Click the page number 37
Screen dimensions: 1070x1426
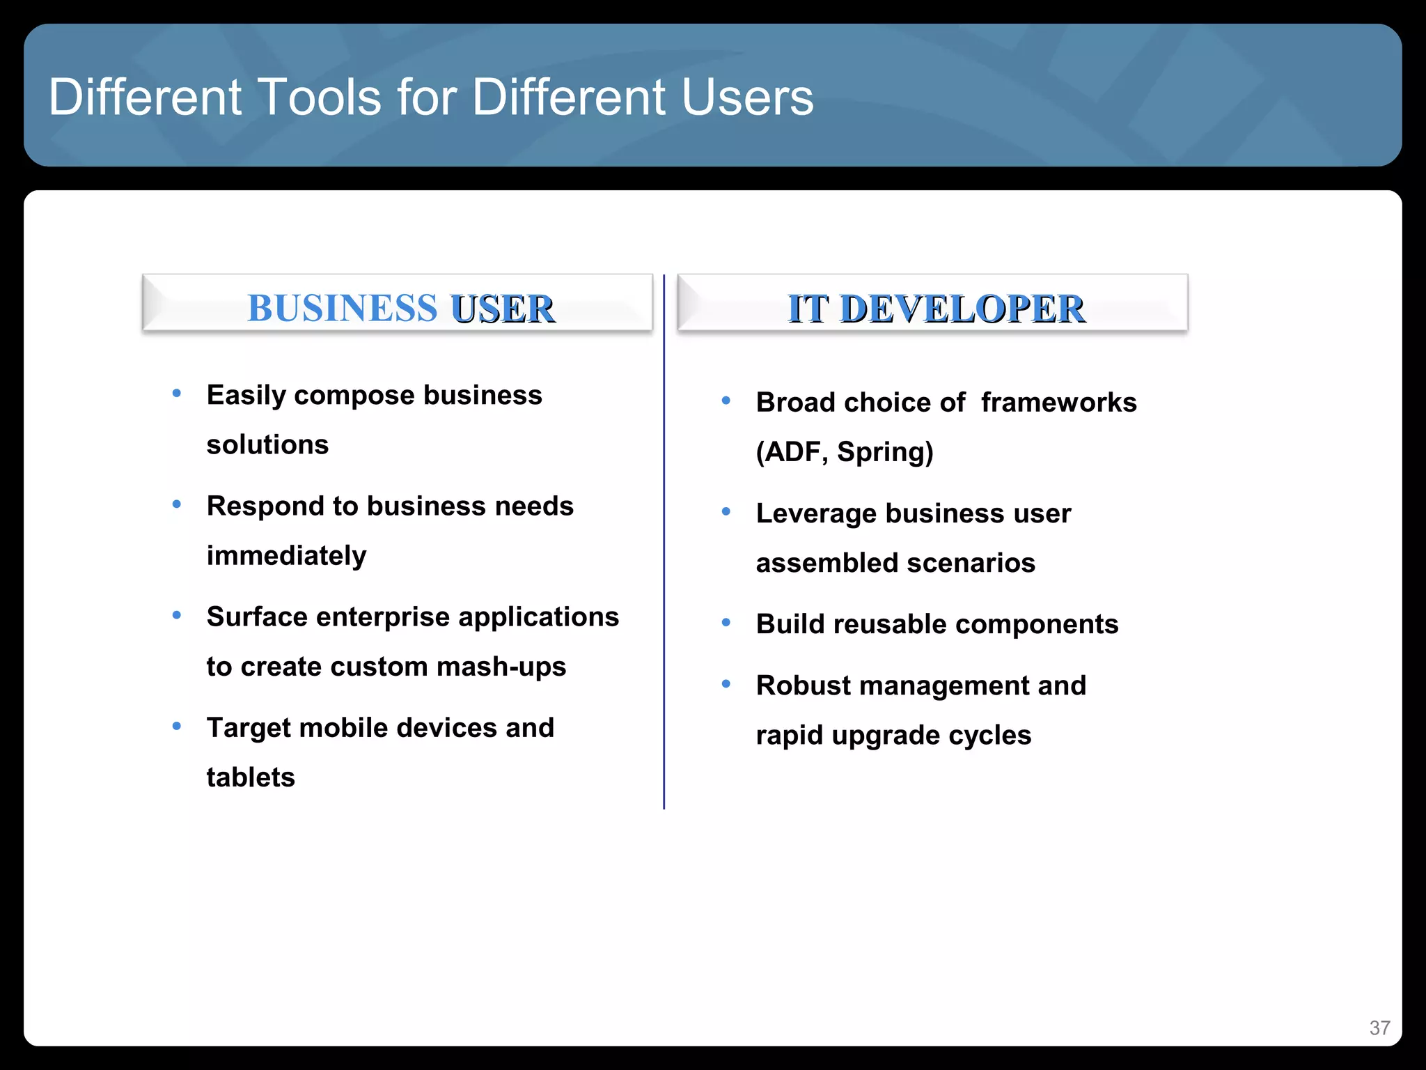point(1379,1028)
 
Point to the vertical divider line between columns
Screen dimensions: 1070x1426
point(664,543)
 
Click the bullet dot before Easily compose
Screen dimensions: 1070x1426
point(177,394)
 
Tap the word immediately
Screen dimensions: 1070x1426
point(286,556)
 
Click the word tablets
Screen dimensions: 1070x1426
point(251,777)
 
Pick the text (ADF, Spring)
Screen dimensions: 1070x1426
point(845,452)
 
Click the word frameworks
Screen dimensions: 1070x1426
point(1058,403)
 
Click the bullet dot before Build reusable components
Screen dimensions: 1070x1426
point(726,622)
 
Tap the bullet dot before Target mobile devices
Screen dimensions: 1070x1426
point(177,727)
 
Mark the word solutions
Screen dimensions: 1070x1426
point(267,444)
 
